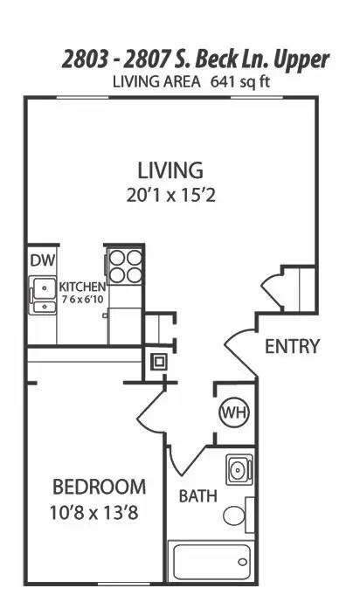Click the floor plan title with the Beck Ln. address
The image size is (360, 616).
[x=195, y=59]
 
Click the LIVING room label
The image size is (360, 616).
[x=170, y=170]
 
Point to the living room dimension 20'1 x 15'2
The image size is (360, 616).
[x=170, y=194]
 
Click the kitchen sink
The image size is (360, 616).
[x=41, y=294]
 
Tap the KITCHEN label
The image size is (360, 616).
[x=82, y=287]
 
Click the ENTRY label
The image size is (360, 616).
[x=292, y=346]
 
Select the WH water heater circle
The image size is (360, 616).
[x=232, y=411]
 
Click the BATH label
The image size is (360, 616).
[x=198, y=496]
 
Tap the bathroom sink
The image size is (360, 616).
[x=237, y=470]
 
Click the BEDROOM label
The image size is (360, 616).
[x=98, y=487]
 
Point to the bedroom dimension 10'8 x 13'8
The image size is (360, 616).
[x=98, y=512]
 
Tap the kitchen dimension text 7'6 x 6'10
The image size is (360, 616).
[x=82, y=300]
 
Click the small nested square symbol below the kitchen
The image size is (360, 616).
[x=160, y=361]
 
